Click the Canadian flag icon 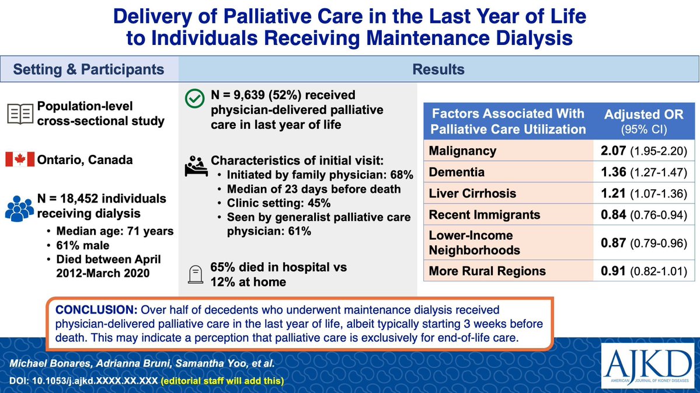click(20, 159)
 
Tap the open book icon click(20, 114)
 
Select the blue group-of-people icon click(20, 206)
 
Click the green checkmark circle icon click(194, 100)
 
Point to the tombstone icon click(195, 274)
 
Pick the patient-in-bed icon click(195, 168)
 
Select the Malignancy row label click(462, 151)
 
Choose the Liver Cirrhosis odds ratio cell click(641, 194)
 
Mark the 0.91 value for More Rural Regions click(614, 271)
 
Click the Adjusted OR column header click(641, 121)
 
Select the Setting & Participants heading click(89, 69)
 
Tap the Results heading click(438, 69)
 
